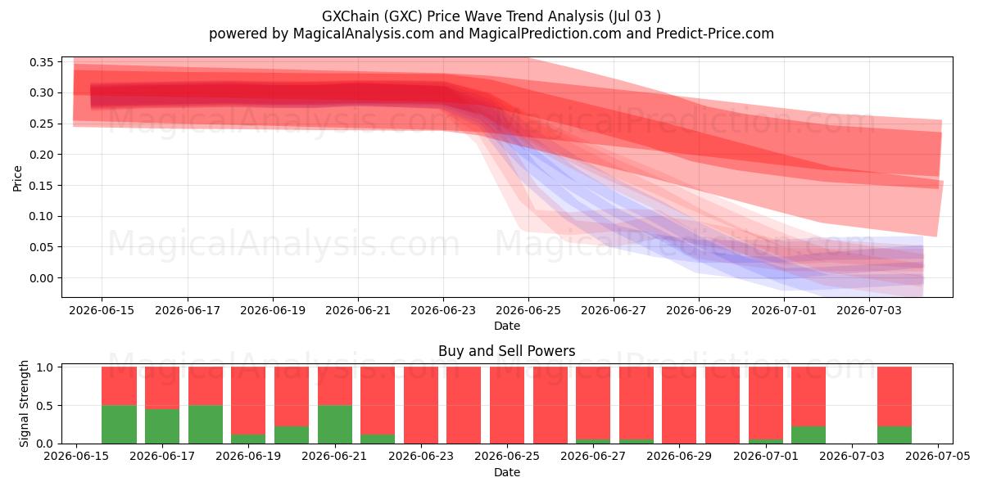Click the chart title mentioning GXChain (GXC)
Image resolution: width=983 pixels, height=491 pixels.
pos(491,16)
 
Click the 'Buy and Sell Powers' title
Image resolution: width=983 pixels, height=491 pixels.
pos(506,351)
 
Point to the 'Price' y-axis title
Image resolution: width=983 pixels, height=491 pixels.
pos(17,178)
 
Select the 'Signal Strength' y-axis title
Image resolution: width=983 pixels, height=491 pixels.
pos(24,403)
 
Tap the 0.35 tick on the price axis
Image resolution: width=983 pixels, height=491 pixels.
pos(41,62)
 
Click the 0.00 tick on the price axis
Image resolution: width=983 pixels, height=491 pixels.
pos(41,278)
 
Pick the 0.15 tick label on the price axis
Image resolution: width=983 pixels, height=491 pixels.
pos(41,186)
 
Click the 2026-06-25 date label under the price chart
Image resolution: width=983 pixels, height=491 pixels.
pos(528,311)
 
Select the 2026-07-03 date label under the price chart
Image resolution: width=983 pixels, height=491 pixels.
pos(868,311)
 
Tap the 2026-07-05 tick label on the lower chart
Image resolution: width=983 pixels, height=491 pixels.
pos(938,457)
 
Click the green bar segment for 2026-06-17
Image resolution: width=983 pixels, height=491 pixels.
pos(162,426)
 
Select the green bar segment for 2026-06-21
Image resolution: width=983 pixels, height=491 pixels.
pos(335,425)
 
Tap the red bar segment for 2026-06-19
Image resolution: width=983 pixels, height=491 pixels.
pos(248,401)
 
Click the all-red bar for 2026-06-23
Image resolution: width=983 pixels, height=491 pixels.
pos(421,405)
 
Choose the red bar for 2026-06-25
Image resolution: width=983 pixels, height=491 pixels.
pos(507,405)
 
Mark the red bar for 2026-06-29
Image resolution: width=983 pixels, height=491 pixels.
pos(679,405)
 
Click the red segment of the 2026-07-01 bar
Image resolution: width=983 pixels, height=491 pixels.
pos(766,403)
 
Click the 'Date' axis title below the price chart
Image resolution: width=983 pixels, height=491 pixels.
pos(507,327)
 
